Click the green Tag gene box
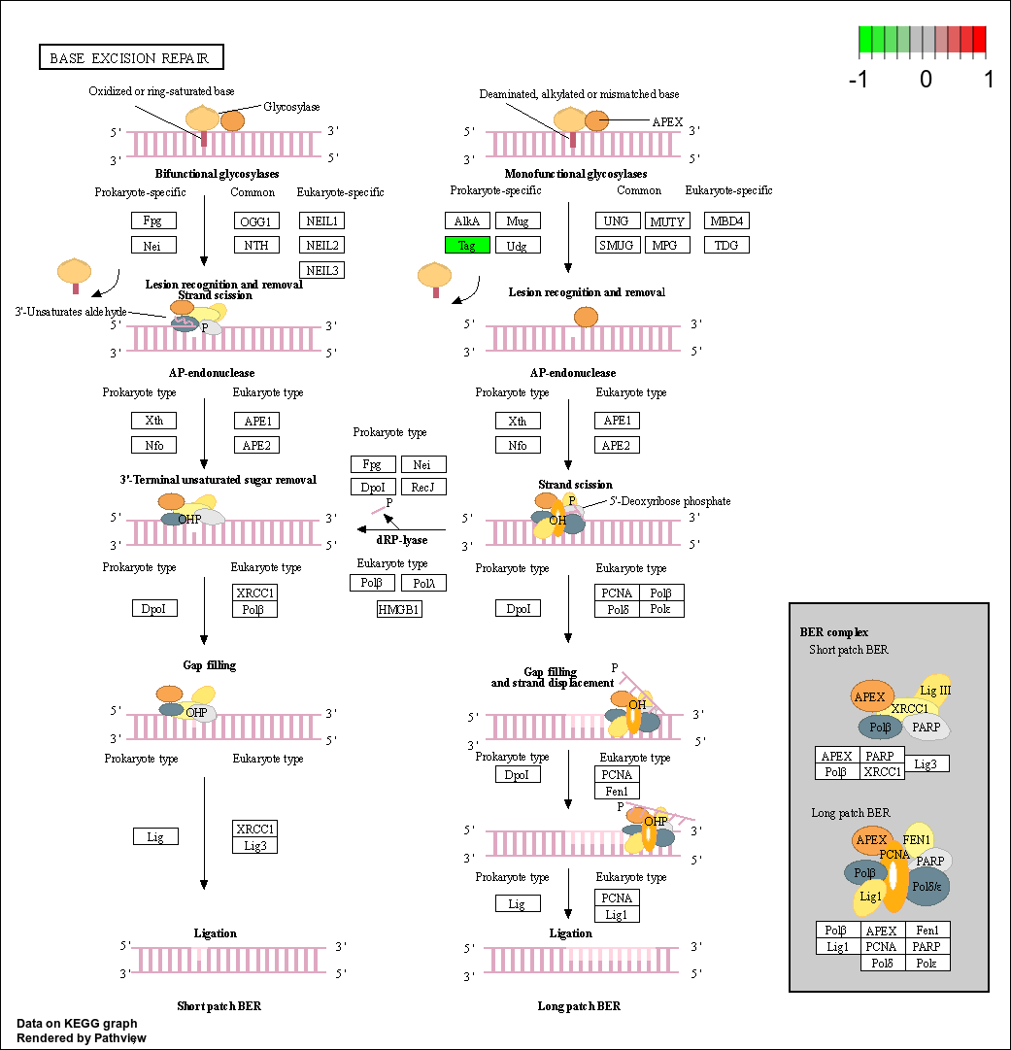pos(467,245)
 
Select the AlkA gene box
pos(467,221)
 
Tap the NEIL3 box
pos(322,270)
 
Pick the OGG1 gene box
pos(256,221)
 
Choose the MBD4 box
pos(726,221)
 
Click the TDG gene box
pos(726,245)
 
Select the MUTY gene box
pos(667,221)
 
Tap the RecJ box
pos(423,487)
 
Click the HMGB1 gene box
pos(399,609)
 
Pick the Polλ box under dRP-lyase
pos(423,583)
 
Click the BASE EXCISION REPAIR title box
pos(131,57)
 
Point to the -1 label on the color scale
pos(858,79)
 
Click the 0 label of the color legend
pos(926,79)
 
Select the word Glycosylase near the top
pos(291,107)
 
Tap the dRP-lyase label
pos(402,540)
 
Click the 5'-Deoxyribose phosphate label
pos(669,501)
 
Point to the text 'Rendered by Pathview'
pos(81,1038)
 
